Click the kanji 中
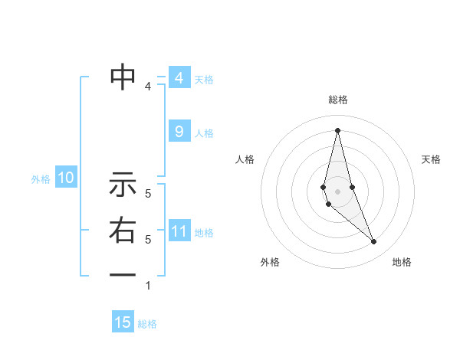click(x=123, y=77)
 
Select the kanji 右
click(x=123, y=230)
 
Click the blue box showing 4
click(x=179, y=78)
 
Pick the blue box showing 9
click(x=179, y=132)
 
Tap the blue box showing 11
click(x=179, y=231)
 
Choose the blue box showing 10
click(x=66, y=178)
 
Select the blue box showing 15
click(x=123, y=322)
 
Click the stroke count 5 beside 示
click(x=148, y=195)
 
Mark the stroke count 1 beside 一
click(x=148, y=286)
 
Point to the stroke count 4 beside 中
click(x=148, y=87)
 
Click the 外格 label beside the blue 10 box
click(x=41, y=179)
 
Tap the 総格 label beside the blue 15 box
click(x=147, y=324)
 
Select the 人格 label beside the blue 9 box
click(x=204, y=133)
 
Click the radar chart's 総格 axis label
click(x=337, y=100)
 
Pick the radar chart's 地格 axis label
click(x=402, y=262)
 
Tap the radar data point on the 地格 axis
click(x=373, y=241)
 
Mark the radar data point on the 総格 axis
click(x=337, y=130)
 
